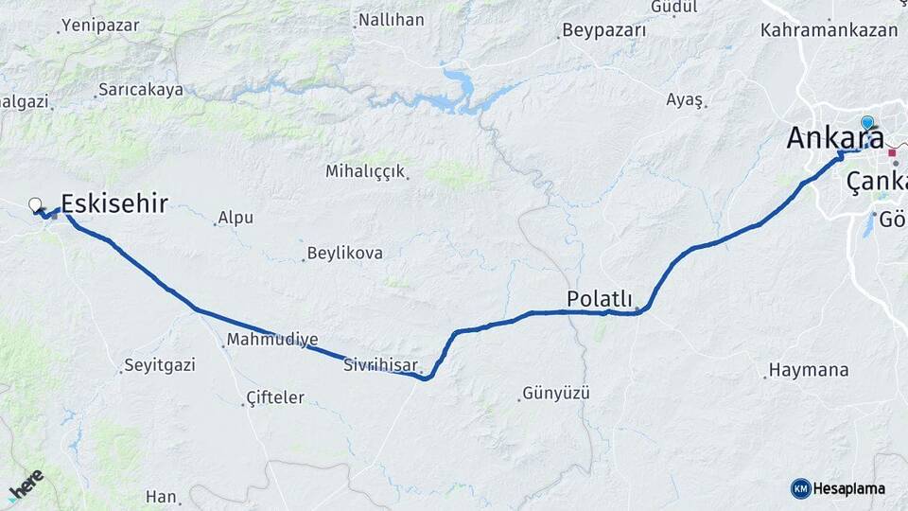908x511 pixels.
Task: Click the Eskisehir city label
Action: (114, 203)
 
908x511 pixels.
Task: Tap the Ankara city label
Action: (835, 138)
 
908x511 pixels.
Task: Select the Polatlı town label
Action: (599, 298)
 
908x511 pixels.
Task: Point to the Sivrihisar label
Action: (380, 362)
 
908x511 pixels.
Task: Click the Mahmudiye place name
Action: (272, 339)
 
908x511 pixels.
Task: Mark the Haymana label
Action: (809, 370)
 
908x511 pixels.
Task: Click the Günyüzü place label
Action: (556, 392)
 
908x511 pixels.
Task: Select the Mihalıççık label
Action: (365, 172)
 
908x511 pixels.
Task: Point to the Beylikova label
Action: (344, 254)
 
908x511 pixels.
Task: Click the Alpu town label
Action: (236, 218)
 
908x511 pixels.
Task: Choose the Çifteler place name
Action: (274, 397)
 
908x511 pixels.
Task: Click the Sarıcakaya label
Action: (141, 91)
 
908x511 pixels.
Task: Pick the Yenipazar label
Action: (99, 26)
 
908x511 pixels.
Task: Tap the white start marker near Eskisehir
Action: (36, 203)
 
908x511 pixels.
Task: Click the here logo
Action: (26, 485)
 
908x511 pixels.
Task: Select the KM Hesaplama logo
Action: (838, 488)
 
